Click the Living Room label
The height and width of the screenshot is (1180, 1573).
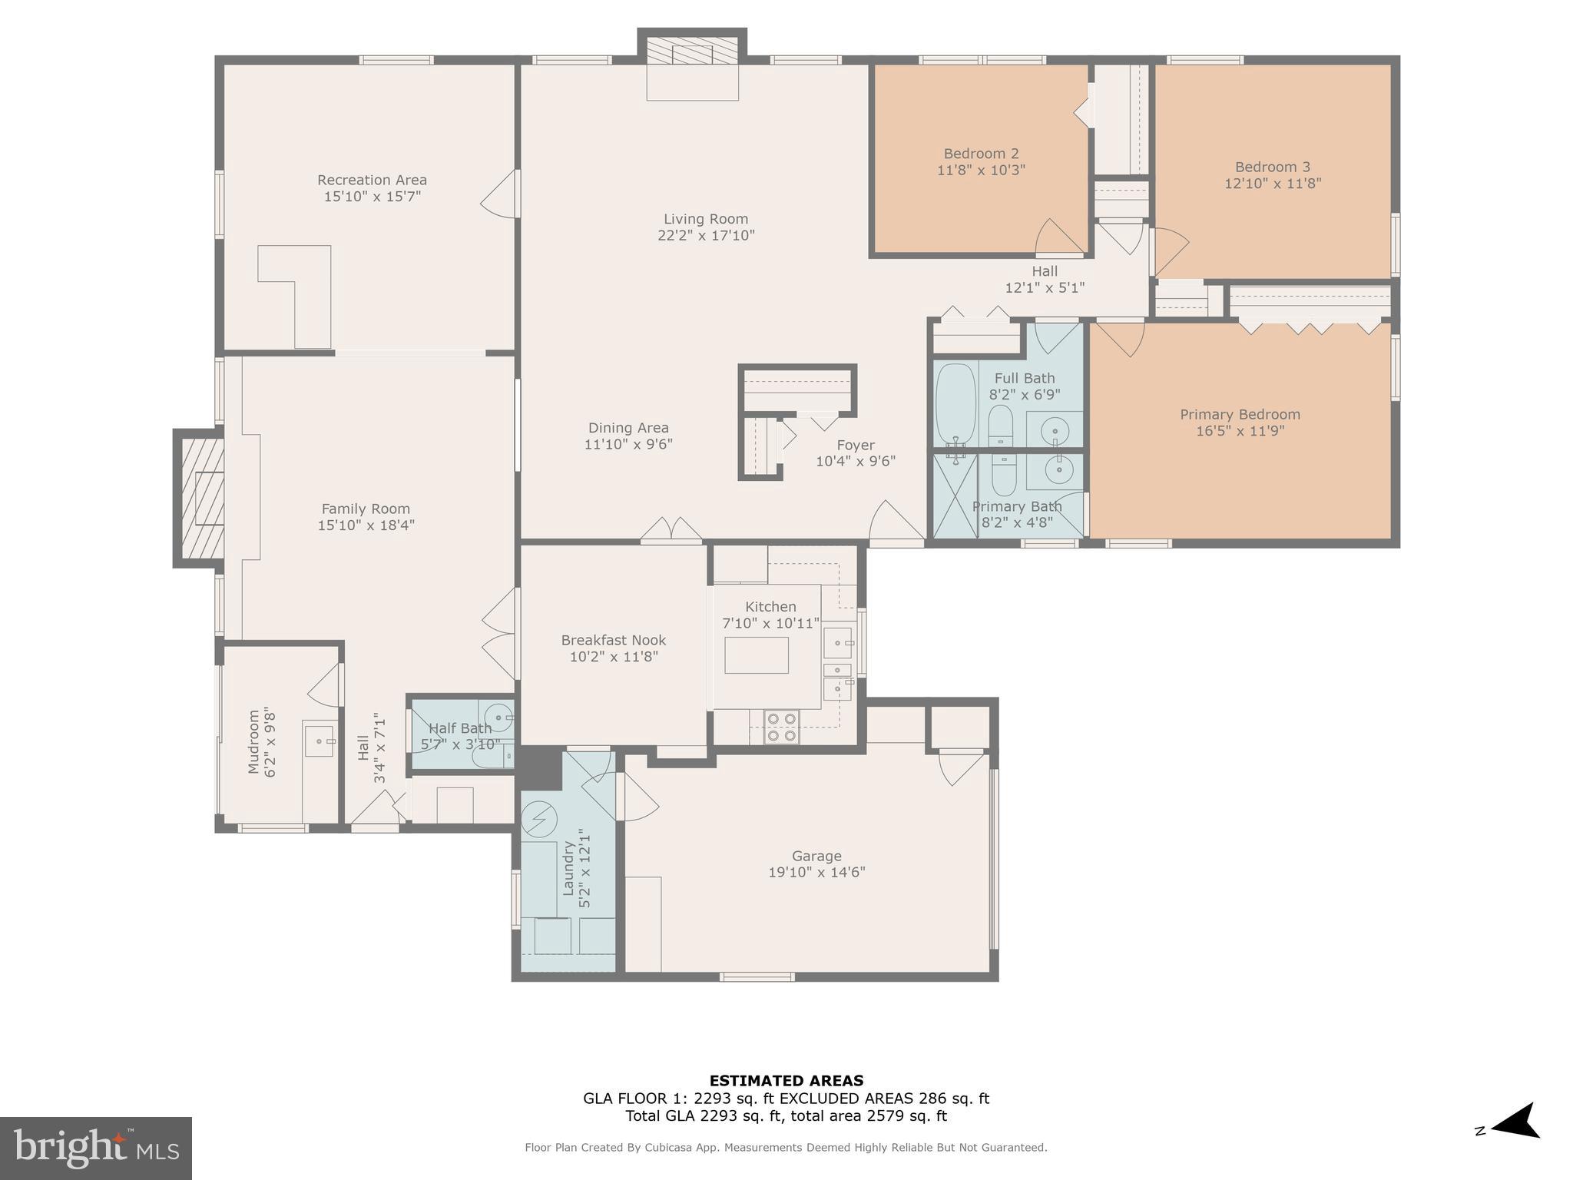click(x=705, y=219)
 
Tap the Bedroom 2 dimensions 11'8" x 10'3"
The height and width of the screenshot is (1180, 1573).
click(x=981, y=171)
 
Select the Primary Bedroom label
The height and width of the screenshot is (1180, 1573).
click(x=1240, y=415)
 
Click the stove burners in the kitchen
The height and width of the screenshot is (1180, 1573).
click(x=782, y=727)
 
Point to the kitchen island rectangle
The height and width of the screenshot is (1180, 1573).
click(x=756, y=655)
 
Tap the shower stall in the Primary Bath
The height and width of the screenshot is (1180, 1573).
click(x=955, y=496)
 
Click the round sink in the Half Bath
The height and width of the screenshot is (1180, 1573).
click(x=500, y=716)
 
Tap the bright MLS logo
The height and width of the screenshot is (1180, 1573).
click(x=95, y=1148)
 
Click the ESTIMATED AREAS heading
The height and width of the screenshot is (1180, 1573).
click(x=786, y=1081)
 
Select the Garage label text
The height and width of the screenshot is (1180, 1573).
click(x=816, y=856)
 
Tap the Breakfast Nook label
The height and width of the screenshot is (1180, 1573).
click(x=613, y=640)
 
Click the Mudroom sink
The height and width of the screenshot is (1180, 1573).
click(x=320, y=739)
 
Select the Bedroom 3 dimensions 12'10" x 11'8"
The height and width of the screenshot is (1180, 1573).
click(x=1272, y=184)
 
